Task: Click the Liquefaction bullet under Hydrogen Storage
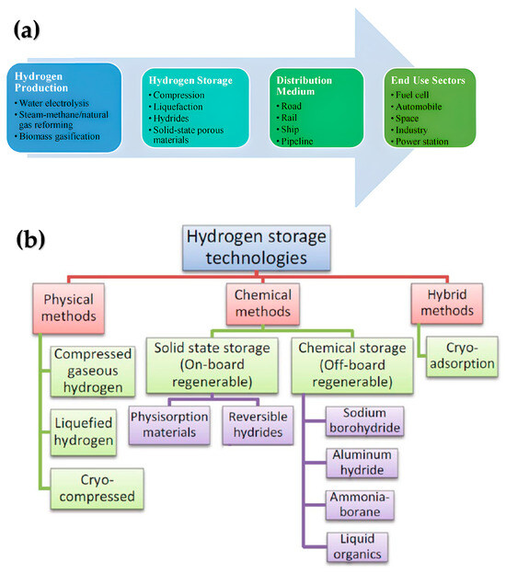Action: (179, 108)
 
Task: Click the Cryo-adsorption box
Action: (460, 356)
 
